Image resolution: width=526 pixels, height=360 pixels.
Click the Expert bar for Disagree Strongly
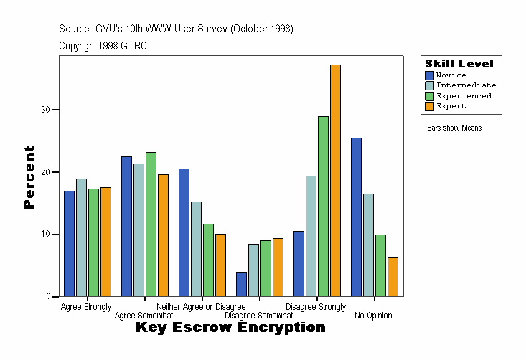[x=335, y=181]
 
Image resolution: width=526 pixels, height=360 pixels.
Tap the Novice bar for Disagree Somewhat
[x=241, y=284]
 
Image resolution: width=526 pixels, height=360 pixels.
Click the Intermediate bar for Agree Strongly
[x=81, y=237]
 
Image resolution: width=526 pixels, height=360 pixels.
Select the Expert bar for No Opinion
[x=393, y=277]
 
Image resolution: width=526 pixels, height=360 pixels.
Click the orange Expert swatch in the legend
[x=429, y=106]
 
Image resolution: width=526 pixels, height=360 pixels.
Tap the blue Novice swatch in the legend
[x=429, y=75]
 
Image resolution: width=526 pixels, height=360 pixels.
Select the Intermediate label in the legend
[x=466, y=85]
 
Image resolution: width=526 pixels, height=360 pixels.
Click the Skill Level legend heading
[x=459, y=64]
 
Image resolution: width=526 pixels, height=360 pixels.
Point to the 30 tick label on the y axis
[x=45, y=110]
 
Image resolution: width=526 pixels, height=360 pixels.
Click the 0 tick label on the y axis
[x=47, y=296]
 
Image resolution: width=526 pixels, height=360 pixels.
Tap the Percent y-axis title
[x=29, y=177]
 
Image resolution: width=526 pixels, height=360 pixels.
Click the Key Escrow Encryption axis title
[x=230, y=328]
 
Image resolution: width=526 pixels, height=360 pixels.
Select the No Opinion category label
[x=373, y=316]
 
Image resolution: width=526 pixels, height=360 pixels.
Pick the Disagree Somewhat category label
[x=258, y=316]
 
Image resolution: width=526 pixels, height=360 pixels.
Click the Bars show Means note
[x=454, y=128]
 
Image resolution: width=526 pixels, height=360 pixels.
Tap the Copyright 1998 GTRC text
[x=103, y=45]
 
